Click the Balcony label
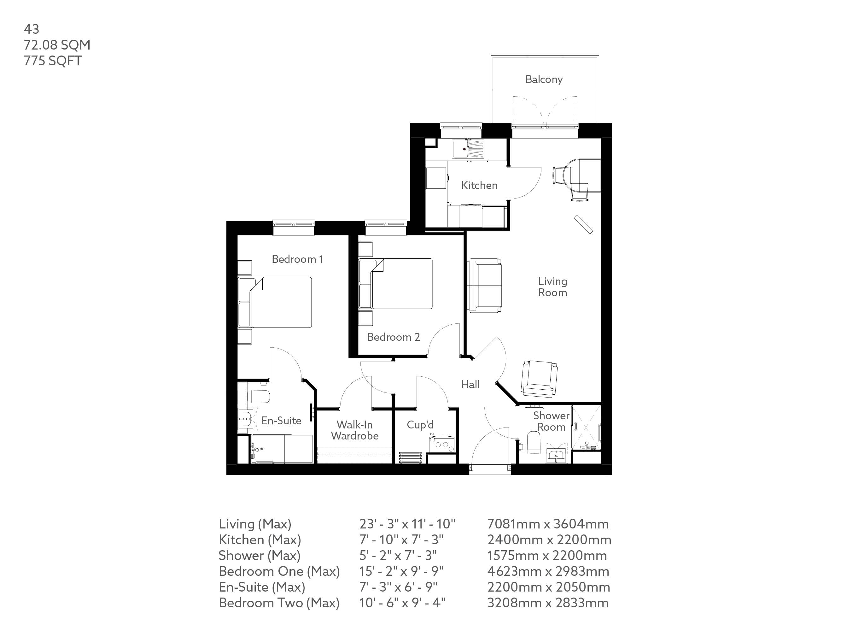pyautogui.click(x=544, y=80)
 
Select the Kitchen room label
pyautogui.click(x=479, y=185)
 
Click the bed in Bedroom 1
pyautogui.click(x=275, y=302)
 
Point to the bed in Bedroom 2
pyautogui.click(x=395, y=284)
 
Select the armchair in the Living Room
pyautogui.click(x=540, y=379)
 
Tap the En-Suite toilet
pyautogui.click(x=258, y=397)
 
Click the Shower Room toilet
pyautogui.click(x=534, y=442)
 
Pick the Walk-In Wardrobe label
pyautogui.click(x=355, y=430)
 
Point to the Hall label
pyautogui.click(x=470, y=384)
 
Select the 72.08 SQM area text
pyautogui.click(x=57, y=45)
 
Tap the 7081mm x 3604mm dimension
pyautogui.click(x=548, y=524)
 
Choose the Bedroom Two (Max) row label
pyautogui.click(x=279, y=603)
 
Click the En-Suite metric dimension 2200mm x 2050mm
pyautogui.click(x=549, y=587)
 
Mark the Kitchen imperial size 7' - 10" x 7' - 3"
pyautogui.click(x=401, y=540)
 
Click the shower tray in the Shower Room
pyautogui.click(x=586, y=428)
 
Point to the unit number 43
pyautogui.click(x=32, y=29)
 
